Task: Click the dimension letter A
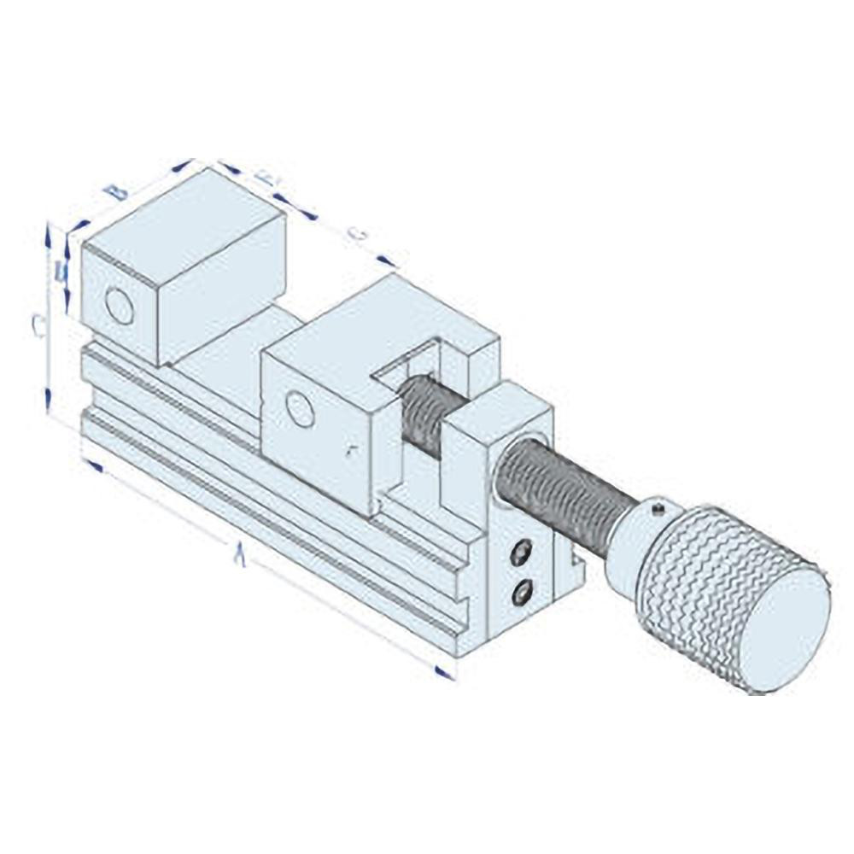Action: (x=242, y=557)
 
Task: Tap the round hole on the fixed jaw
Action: (x=120, y=307)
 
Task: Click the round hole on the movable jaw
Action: (x=300, y=409)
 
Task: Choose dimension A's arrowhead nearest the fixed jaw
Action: (x=94, y=467)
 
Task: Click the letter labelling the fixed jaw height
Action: (x=60, y=272)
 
